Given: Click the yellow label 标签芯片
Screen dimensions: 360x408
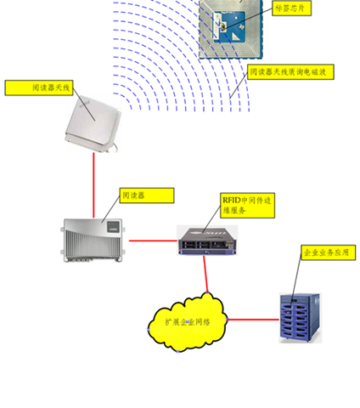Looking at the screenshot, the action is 291,8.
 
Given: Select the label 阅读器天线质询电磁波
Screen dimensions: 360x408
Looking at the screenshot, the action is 290,72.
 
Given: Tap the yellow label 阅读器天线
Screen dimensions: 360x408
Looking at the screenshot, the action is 39,88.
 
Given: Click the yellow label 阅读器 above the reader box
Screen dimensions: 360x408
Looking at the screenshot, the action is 147,195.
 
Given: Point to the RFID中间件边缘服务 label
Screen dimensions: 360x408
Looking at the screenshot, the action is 247,206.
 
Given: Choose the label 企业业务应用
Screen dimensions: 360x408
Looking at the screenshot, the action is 328,252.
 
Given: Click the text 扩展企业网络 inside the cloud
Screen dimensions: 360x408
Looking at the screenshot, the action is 188,322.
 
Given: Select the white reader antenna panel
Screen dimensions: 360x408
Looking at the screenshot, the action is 92,123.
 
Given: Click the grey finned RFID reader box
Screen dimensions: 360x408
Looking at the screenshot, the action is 93,241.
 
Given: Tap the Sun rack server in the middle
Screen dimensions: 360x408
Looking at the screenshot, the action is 207,241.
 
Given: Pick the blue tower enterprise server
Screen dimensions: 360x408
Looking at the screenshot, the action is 301,318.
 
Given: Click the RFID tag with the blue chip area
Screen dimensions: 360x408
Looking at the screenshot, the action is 231,29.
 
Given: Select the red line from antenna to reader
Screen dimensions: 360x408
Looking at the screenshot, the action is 93,185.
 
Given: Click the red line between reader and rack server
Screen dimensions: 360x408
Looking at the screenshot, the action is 153,241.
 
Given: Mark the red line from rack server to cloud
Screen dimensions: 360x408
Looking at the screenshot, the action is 205,275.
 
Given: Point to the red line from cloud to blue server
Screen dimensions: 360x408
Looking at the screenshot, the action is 253,320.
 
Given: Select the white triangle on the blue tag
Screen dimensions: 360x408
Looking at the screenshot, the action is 235,37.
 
